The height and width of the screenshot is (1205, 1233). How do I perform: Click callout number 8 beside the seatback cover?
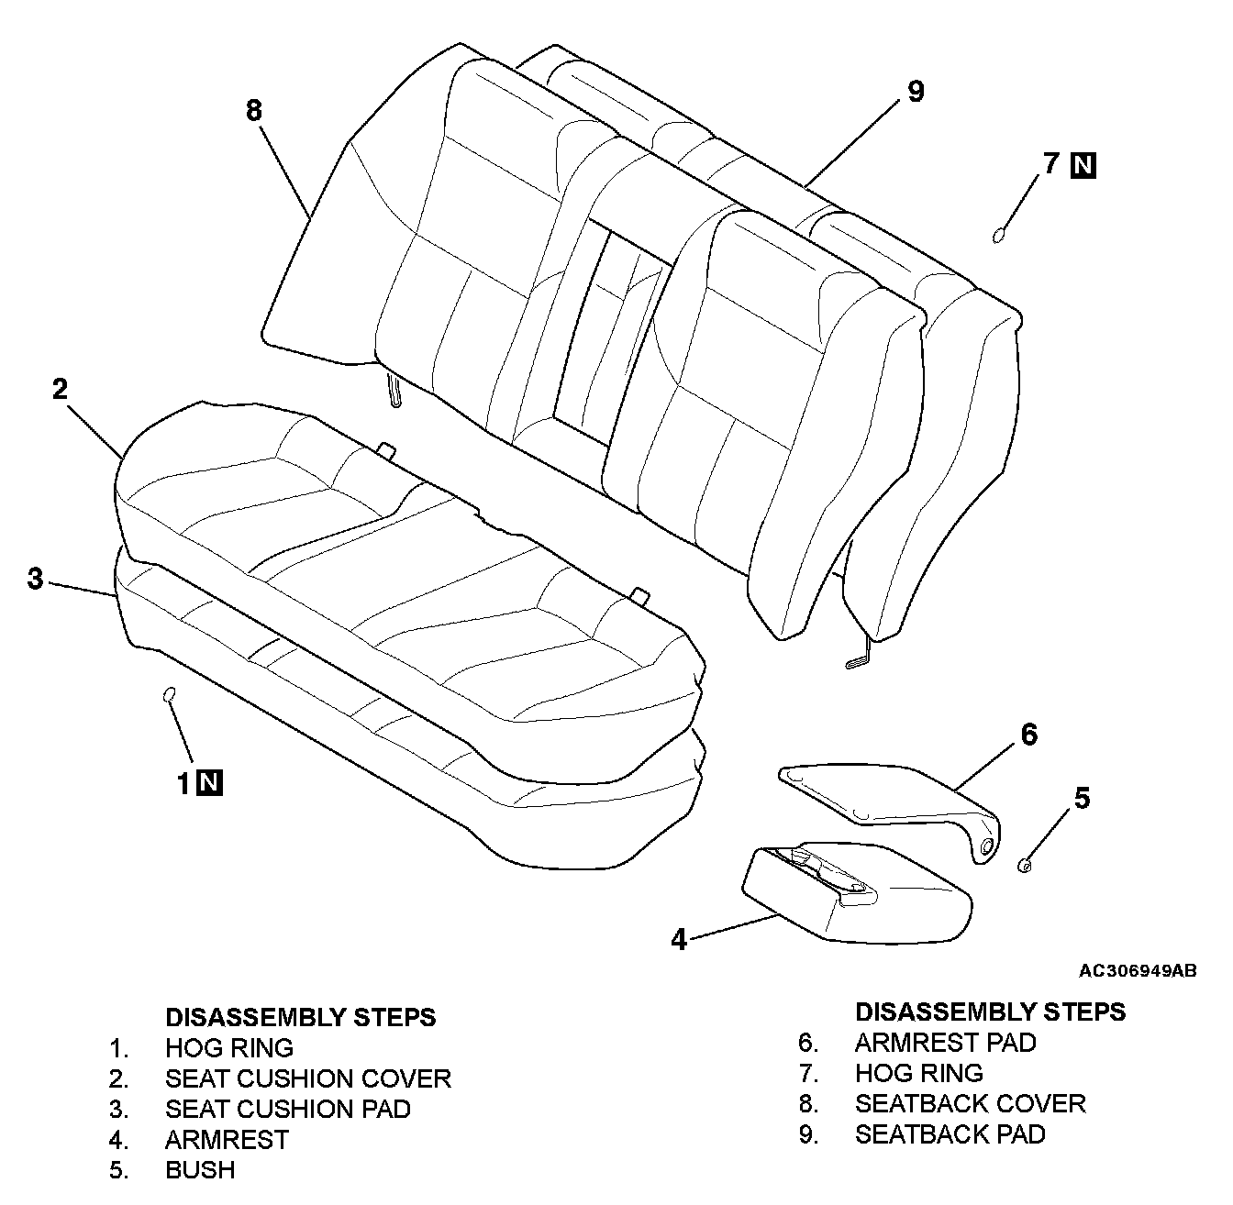pos(254,111)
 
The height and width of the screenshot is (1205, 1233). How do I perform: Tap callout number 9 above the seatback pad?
pos(915,92)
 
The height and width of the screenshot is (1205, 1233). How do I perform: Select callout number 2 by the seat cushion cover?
pos(60,389)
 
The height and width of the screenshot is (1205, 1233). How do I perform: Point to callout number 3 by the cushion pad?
pos(35,580)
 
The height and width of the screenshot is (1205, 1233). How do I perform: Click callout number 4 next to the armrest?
pos(679,940)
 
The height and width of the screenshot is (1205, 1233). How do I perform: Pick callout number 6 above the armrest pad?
pos(1028,735)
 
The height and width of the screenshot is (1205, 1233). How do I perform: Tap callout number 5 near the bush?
pos(1083,799)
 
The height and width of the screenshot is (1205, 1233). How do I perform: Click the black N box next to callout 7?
pos(1083,166)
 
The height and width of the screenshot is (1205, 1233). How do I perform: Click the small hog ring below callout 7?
pos(998,236)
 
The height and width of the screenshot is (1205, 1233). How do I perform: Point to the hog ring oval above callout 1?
pos(168,695)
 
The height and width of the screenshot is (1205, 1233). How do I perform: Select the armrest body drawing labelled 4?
pos(853,894)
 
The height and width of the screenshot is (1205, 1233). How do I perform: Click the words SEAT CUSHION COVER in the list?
pos(307,1078)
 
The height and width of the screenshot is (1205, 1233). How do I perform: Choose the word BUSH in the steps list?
pos(200,1170)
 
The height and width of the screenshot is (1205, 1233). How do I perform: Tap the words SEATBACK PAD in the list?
pos(950,1134)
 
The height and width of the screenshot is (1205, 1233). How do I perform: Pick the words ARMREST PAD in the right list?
pos(945,1043)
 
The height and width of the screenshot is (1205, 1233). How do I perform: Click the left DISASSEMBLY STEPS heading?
pos(300,1017)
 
